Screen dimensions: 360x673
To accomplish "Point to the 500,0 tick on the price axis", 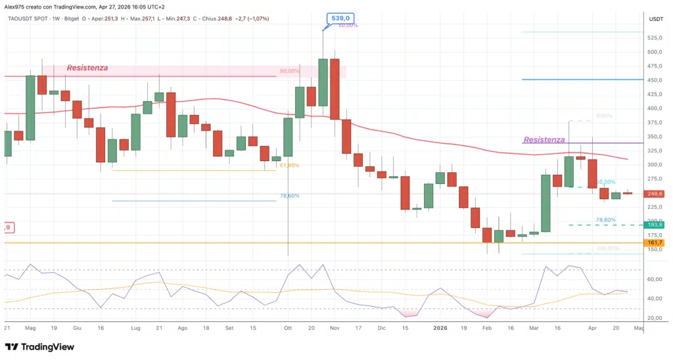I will coord(655,52).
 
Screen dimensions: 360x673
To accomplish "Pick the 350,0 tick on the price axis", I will coord(655,137).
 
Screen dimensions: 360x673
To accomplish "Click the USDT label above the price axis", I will coord(656,20).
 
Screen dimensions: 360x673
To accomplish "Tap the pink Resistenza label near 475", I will coord(87,68).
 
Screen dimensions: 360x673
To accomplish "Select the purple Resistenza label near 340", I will coord(544,140).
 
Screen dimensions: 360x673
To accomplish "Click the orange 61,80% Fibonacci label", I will coord(289,166).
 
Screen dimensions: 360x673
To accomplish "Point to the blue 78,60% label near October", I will coord(289,196).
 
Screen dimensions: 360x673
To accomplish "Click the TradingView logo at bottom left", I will coord(39,347).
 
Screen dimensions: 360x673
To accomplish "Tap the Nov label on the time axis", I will coord(335,326).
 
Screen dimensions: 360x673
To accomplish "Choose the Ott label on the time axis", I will coord(287,326).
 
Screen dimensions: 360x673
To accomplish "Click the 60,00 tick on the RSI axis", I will coord(654,279).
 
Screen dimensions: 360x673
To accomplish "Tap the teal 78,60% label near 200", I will coord(605,220).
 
